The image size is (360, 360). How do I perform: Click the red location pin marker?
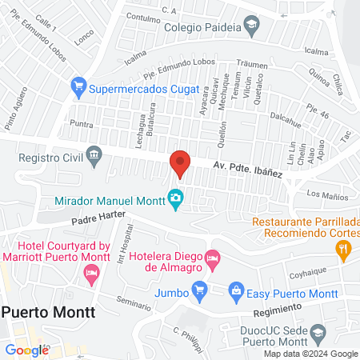click(180, 164)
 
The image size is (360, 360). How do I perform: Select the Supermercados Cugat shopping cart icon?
click(78, 84)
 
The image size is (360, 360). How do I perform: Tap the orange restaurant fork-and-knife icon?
click(343, 250)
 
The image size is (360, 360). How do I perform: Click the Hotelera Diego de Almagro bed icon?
click(212, 257)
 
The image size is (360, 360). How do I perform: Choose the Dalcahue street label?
click(286, 116)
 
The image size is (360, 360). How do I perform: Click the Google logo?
click(26, 349)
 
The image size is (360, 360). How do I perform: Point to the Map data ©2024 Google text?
click(311, 353)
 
